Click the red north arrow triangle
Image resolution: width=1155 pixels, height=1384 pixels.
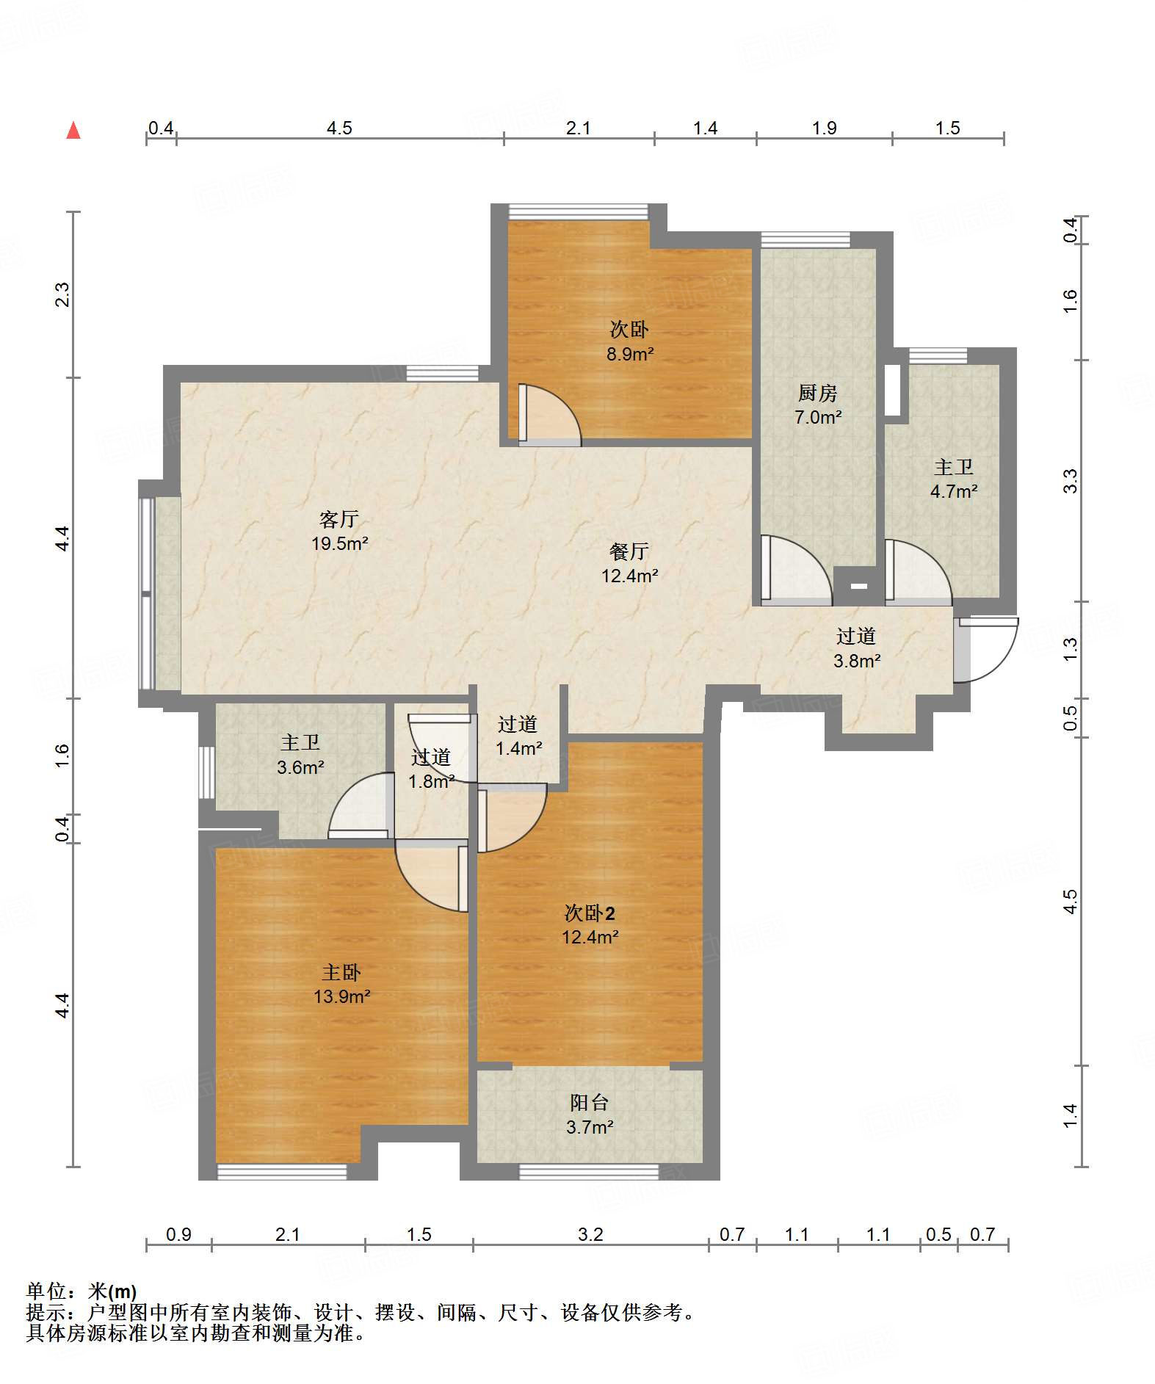[x=73, y=130]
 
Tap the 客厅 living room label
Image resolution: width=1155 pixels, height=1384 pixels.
[x=339, y=520]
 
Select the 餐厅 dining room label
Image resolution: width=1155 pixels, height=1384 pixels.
[x=629, y=551]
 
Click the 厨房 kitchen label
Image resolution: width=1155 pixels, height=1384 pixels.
[x=818, y=394]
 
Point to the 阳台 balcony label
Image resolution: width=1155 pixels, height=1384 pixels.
[x=590, y=1102]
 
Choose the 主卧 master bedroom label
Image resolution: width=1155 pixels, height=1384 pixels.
[x=341, y=973]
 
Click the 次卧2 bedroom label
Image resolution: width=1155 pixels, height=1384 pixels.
[x=590, y=913]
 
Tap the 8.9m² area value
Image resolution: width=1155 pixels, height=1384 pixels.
[x=630, y=354]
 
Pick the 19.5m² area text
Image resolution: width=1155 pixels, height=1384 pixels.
[x=339, y=544]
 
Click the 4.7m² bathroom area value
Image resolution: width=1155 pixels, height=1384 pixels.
[x=954, y=491]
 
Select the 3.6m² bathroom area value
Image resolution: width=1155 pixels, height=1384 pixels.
[x=300, y=767]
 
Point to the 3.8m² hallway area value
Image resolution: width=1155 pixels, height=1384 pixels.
[x=857, y=661]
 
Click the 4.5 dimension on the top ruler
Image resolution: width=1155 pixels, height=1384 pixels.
[x=339, y=128]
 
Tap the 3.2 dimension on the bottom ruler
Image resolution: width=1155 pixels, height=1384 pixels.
[x=590, y=1234]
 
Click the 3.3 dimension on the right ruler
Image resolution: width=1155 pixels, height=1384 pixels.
[x=1071, y=481]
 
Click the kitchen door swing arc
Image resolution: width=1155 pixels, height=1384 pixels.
[x=797, y=570]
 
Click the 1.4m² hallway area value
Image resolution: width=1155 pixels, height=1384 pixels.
[x=519, y=749]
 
